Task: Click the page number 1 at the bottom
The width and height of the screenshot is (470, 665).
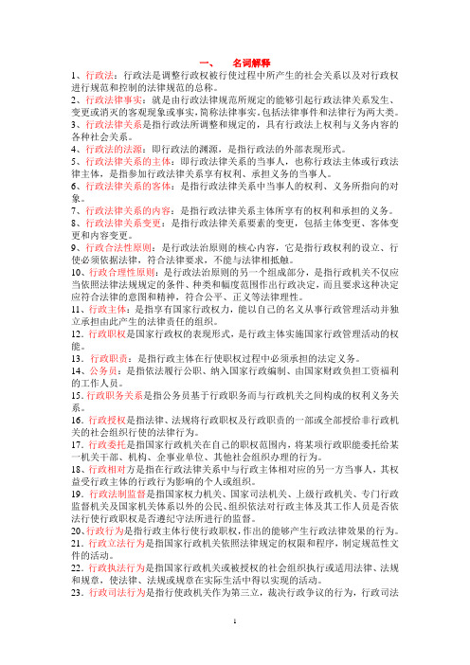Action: click(235, 655)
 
